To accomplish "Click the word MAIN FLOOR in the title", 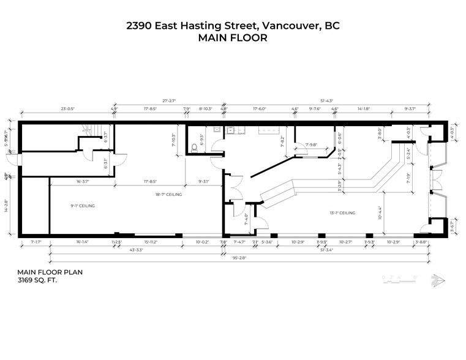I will click(x=233, y=37).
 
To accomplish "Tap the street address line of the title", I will click(x=233, y=25).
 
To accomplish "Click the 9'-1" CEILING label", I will click(x=83, y=206).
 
